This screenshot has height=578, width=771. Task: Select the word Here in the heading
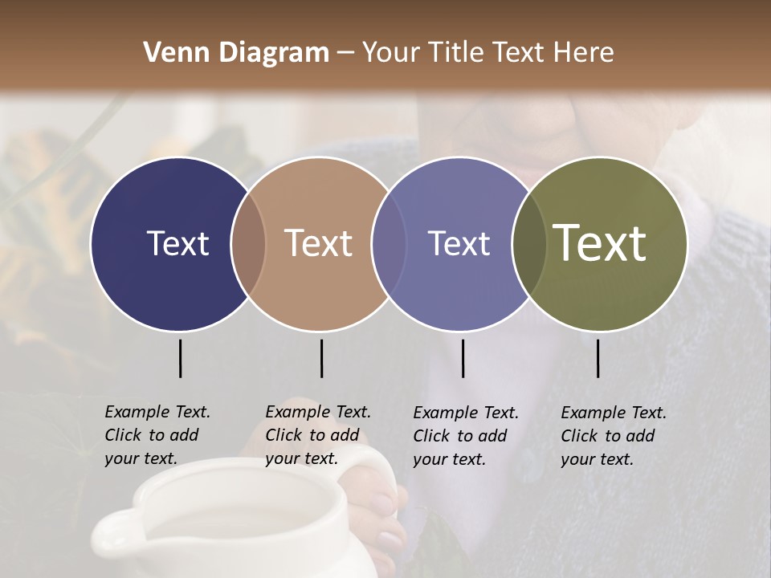(x=585, y=53)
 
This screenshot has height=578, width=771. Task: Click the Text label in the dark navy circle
(x=177, y=243)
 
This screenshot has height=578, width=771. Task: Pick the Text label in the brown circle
(x=318, y=243)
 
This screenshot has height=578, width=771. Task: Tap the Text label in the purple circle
(x=459, y=243)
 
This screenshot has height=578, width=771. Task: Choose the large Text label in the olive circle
(x=599, y=243)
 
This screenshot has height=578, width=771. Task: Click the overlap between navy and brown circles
(x=248, y=244)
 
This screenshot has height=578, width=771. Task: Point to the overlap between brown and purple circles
(x=389, y=244)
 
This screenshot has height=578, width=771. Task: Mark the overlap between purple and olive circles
(x=528, y=244)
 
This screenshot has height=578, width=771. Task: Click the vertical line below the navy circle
(x=180, y=358)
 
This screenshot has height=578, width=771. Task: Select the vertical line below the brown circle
(x=321, y=358)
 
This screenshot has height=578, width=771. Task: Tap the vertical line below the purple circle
(x=463, y=358)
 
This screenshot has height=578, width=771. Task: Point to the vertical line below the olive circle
(x=598, y=358)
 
